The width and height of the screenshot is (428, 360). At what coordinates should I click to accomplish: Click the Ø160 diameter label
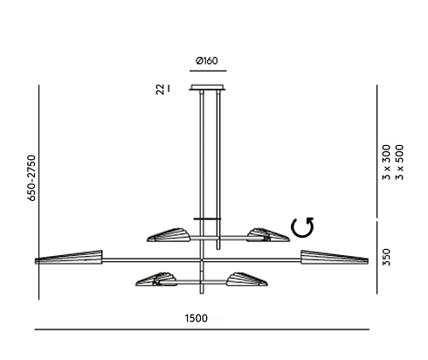point(207,61)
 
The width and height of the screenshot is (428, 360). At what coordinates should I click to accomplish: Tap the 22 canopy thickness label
point(160,89)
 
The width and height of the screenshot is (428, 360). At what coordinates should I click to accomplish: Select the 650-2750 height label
point(31,177)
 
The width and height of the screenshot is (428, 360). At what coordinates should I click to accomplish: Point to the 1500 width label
point(197,318)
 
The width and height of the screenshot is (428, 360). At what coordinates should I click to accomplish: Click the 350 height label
point(386,257)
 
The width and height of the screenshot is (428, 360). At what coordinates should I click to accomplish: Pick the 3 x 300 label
point(386,163)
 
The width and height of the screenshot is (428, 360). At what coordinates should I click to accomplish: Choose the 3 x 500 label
point(400,163)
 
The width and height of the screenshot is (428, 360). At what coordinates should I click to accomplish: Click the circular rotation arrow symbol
point(303,227)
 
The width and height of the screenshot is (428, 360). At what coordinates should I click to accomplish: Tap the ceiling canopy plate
point(208,87)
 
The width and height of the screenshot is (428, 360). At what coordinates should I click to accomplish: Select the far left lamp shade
point(69,258)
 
